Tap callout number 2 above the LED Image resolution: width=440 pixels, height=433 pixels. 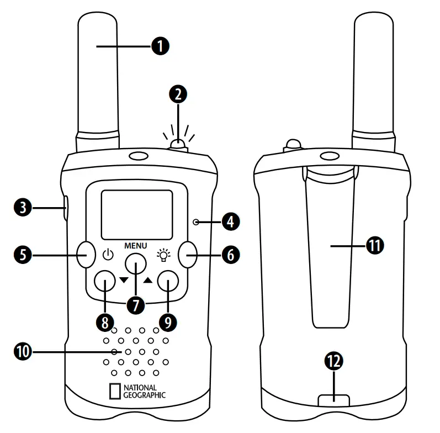click(x=177, y=94)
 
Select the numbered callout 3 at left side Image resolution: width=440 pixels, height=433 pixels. click(x=23, y=208)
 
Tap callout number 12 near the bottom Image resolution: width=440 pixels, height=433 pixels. click(x=335, y=362)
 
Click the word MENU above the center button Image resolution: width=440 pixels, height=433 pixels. click(x=136, y=244)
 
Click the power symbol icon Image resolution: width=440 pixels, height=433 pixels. click(x=108, y=255)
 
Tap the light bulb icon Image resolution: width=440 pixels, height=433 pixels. click(x=163, y=255)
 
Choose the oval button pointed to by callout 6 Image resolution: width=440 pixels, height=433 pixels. click(x=188, y=255)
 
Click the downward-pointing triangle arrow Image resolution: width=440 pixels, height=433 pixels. click(x=124, y=280)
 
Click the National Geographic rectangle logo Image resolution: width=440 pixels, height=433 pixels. click(x=115, y=390)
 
